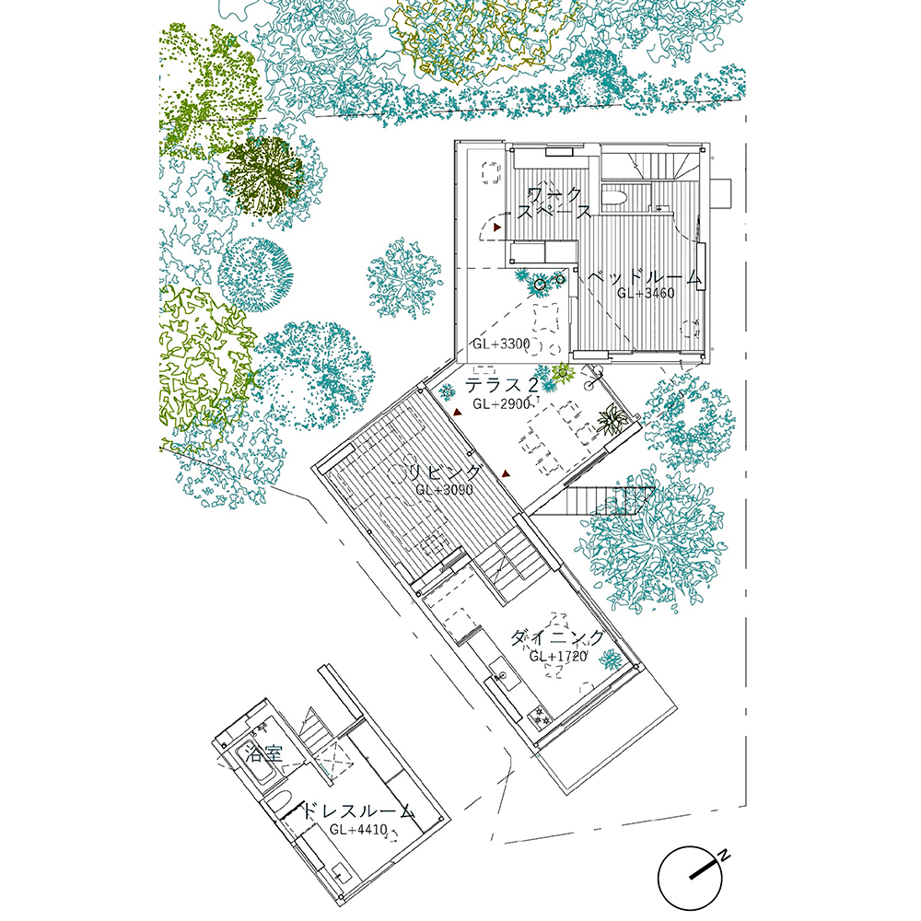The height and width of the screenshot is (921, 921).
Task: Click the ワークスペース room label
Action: pos(554,203)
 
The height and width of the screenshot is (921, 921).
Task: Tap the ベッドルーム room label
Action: pos(645,277)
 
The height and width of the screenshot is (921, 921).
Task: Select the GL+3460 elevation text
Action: pos(645,293)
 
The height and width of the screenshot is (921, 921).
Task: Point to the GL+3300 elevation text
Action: pos(501,344)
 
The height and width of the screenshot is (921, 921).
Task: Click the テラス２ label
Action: pos(502,385)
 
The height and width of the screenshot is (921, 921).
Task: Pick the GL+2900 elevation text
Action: pos(501,403)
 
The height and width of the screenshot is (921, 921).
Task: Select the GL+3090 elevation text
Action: pos(444,489)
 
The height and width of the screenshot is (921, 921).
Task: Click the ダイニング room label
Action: pos(556,638)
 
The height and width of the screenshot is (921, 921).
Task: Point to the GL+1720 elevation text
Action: pos(558,656)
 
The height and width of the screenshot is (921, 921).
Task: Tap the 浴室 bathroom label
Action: pos(264,753)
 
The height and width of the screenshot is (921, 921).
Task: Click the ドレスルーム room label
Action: pos(357,811)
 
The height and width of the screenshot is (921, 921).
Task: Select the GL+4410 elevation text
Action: pos(358,830)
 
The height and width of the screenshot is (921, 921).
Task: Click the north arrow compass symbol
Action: pos(691,878)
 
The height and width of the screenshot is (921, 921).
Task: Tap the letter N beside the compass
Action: pos(726,856)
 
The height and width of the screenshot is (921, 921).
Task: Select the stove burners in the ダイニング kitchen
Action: pos(541,717)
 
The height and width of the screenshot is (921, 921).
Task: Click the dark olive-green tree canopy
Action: pos(263,174)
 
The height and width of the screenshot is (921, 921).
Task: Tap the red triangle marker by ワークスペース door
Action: pos(498,227)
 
